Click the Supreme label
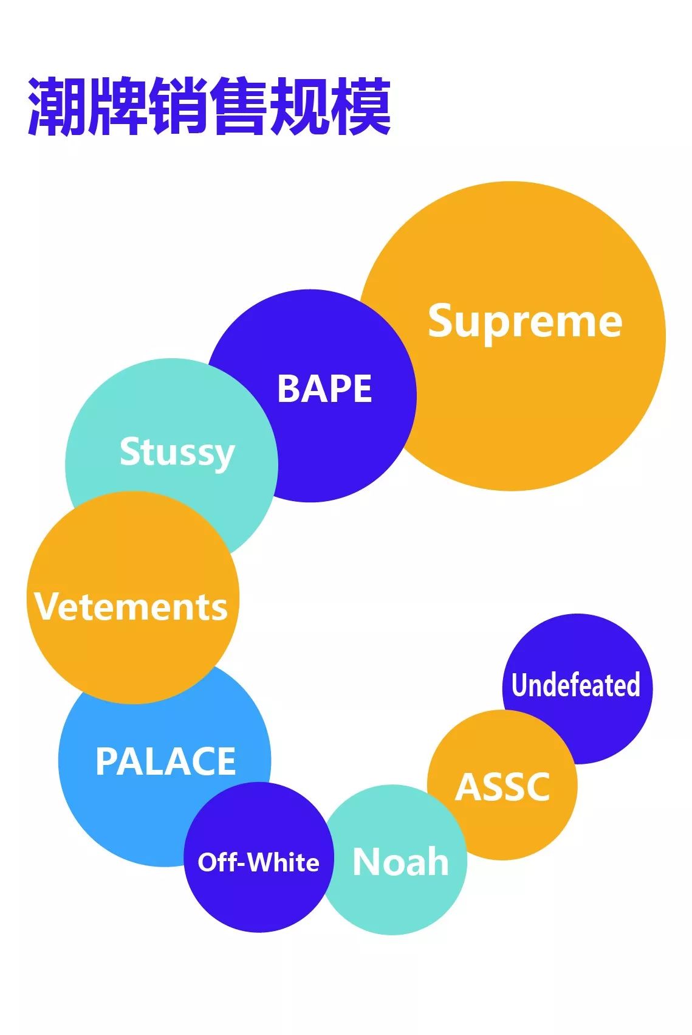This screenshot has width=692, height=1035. [x=525, y=320]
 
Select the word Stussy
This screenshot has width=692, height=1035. [x=177, y=452]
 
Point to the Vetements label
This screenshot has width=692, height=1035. [x=131, y=606]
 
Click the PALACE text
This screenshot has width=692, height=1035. [x=166, y=761]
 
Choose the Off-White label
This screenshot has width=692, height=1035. [x=258, y=862]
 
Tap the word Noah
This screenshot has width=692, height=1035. [x=400, y=862]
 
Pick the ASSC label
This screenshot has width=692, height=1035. [x=502, y=787]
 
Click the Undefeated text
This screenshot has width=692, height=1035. [x=575, y=685]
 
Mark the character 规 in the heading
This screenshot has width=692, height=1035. [x=300, y=106]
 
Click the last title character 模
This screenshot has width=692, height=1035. [x=361, y=106]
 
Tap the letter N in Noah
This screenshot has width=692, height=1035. [x=367, y=862]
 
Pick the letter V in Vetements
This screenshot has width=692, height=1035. [x=46, y=606]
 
